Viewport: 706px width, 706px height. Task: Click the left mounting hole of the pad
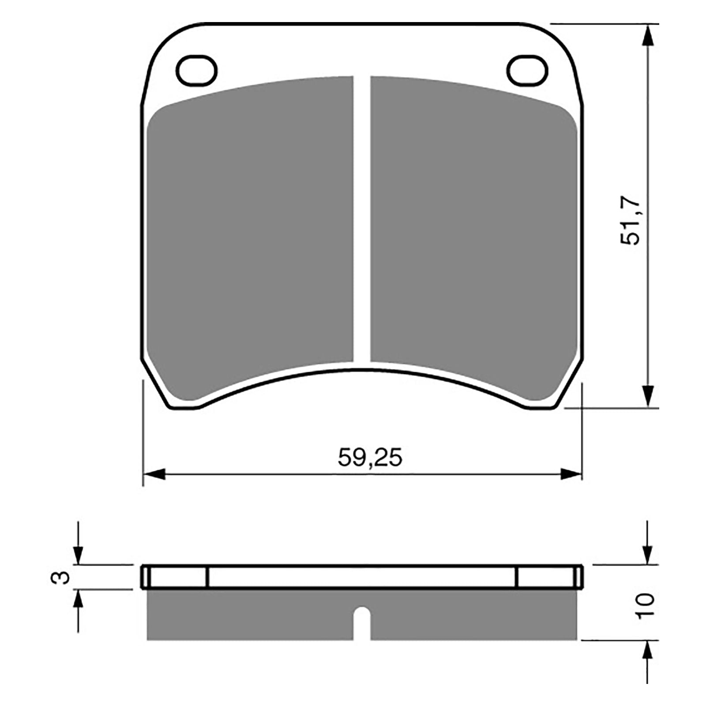pyautogui.click(x=197, y=70)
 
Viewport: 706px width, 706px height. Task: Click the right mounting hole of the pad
pyautogui.click(x=527, y=70)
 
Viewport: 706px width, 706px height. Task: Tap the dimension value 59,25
pyautogui.click(x=370, y=458)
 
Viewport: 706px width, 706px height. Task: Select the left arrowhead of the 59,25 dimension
pyautogui.click(x=154, y=475)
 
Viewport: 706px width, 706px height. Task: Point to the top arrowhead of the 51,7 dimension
pyautogui.click(x=647, y=35)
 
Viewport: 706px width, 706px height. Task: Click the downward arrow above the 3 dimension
pyautogui.click(x=78, y=554)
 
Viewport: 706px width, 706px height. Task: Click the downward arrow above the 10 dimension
pyautogui.click(x=647, y=554)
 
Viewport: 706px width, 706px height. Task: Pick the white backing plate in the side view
pyautogui.click(x=362, y=577)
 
